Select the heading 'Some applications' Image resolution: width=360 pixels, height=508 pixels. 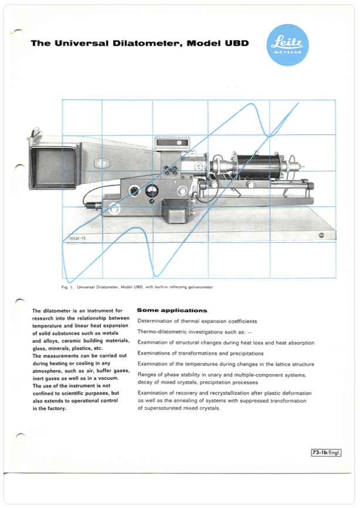171,310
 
